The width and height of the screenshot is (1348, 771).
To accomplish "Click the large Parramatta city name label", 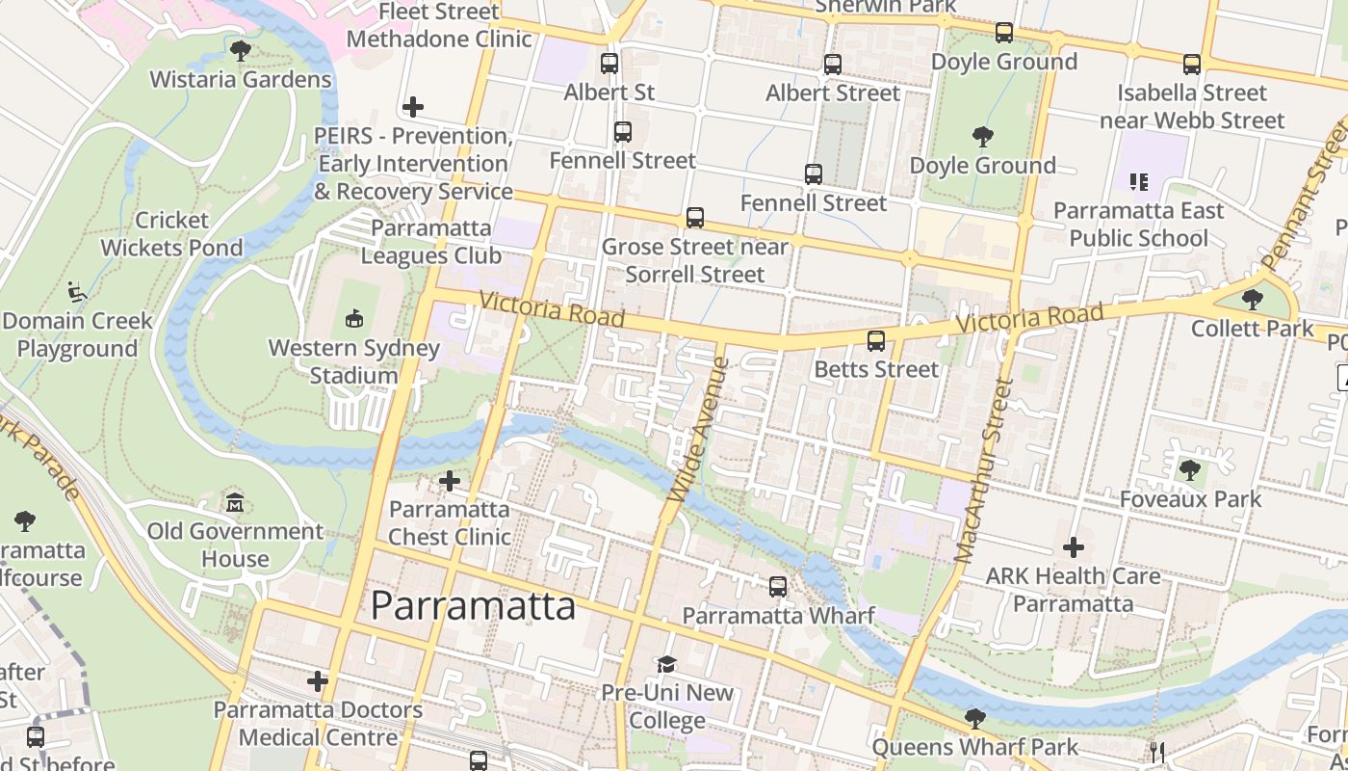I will pos(473,605).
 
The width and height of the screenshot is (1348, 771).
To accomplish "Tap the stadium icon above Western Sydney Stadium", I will pos(354,317).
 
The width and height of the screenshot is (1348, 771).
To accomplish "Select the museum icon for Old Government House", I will pos(235,502).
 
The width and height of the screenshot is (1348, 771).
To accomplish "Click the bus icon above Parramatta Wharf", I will pos(778,586).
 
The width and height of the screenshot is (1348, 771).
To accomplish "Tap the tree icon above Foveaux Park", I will pos(1190,470).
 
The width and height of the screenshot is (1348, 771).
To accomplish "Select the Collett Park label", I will pos(1252,328).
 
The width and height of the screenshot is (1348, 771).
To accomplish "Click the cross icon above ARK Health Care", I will pos(1074,547).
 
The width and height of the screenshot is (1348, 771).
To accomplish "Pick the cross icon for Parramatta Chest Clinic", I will pos(449,480).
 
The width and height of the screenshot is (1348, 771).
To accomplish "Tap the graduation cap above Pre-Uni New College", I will pos(666,664).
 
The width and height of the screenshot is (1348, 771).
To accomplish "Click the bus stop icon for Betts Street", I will pos(876,340).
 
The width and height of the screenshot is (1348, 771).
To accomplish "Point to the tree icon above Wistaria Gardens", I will pos(241,50).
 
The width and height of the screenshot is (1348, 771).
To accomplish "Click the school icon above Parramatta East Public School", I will pos(1139,181).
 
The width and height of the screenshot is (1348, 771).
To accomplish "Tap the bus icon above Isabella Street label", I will pos(1192,65).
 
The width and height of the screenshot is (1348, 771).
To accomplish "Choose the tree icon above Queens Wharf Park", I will pos(974,718).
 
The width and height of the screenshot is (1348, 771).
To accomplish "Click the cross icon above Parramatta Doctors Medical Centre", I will pos(318,681).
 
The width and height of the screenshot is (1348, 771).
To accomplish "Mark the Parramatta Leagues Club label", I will pos(431,242).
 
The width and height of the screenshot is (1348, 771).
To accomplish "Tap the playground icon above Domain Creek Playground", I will pos(77,291).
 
